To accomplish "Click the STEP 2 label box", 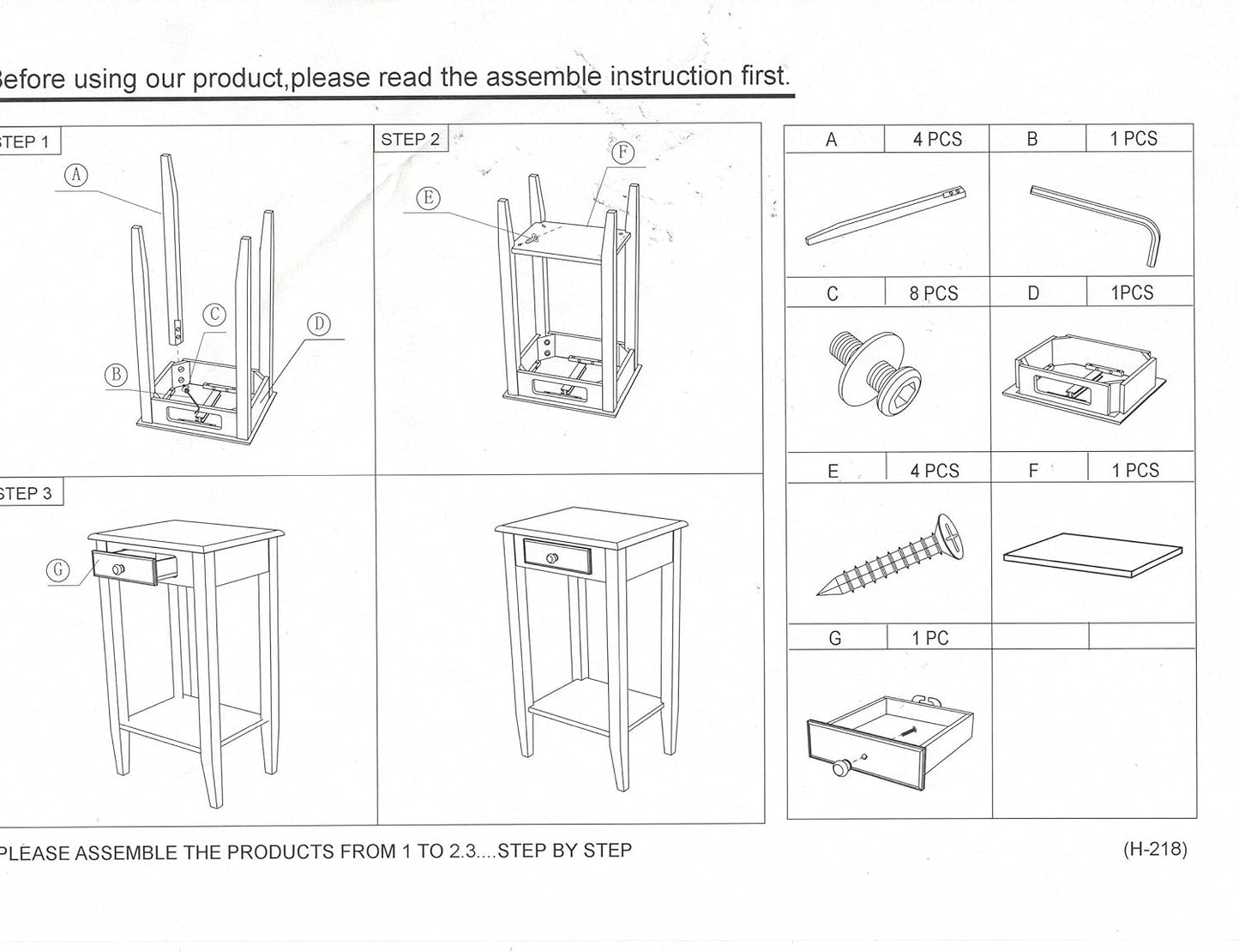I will click(410, 140).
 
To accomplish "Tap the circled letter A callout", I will click(76, 175).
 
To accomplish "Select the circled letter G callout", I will click(58, 570).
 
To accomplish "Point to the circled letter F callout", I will click(623, 153).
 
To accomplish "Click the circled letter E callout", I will click(429, 199).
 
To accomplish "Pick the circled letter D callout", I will click(318, 324).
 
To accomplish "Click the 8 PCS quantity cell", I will click(934, 293).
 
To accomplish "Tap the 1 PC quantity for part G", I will click(929, 638).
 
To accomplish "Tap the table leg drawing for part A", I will click(887, 215).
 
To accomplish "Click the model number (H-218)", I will click(1154, 849).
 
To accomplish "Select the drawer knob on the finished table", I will click(553, 558).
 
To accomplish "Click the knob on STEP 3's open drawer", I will click(118, 569).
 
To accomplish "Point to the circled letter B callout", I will click(116, 375).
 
